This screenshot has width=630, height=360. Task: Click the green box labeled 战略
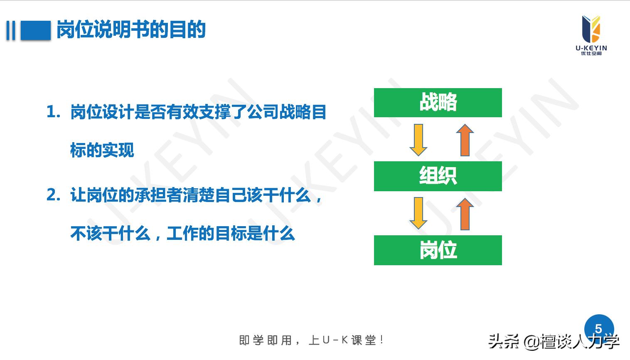(438, 103)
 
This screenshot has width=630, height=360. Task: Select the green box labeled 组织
(438, 176)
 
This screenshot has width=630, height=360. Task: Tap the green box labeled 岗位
(438, 250)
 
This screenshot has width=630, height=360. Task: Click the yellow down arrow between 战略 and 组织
(418, 140)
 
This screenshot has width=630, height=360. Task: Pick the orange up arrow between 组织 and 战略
(465, 140)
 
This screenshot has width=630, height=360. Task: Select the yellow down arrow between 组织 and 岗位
(418, 213)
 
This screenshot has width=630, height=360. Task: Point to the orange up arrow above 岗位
(465, 214)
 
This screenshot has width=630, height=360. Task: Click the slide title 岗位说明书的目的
(131, 30)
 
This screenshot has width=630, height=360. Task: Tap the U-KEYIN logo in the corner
(591, 35)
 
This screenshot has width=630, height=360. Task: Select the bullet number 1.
(53, 112)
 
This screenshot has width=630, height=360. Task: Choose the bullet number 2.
(53, 195)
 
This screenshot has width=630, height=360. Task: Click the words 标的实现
(102, 150)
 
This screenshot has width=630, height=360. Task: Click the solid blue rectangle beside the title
(35, 30)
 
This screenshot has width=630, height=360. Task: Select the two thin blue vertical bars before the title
(11, 30)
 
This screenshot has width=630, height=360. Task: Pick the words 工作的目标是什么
(231, 234)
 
